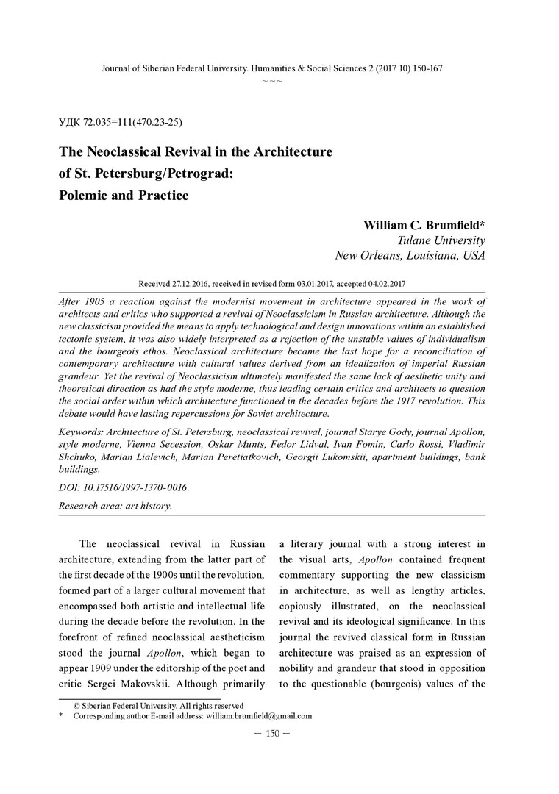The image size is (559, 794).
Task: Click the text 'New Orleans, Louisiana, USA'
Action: (410, 256)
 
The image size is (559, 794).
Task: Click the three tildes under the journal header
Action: (272, 79)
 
